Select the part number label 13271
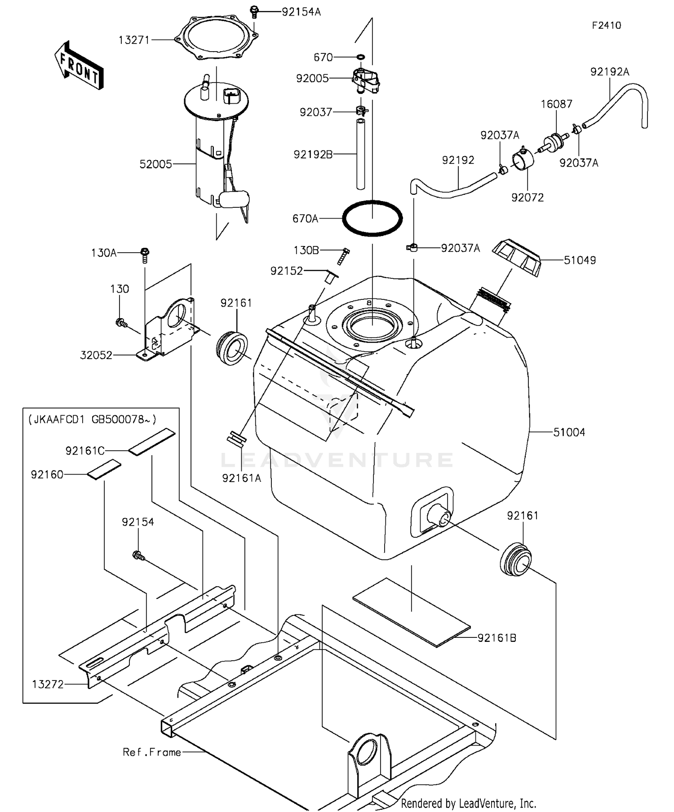(133, 40)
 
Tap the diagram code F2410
(606, 26)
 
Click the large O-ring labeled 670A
(372, 219)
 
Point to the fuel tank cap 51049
(517, 258)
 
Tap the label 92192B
(313, 154)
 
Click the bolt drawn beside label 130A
(145, 255)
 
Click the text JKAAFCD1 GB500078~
(92, 419)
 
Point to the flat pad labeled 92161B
(411, 611)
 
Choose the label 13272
(48, 684)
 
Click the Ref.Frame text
(152, 752)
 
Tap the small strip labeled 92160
(104, 470)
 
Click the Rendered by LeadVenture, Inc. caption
(468, 803)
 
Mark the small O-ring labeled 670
(361, 57)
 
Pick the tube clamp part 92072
(523, 159)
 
